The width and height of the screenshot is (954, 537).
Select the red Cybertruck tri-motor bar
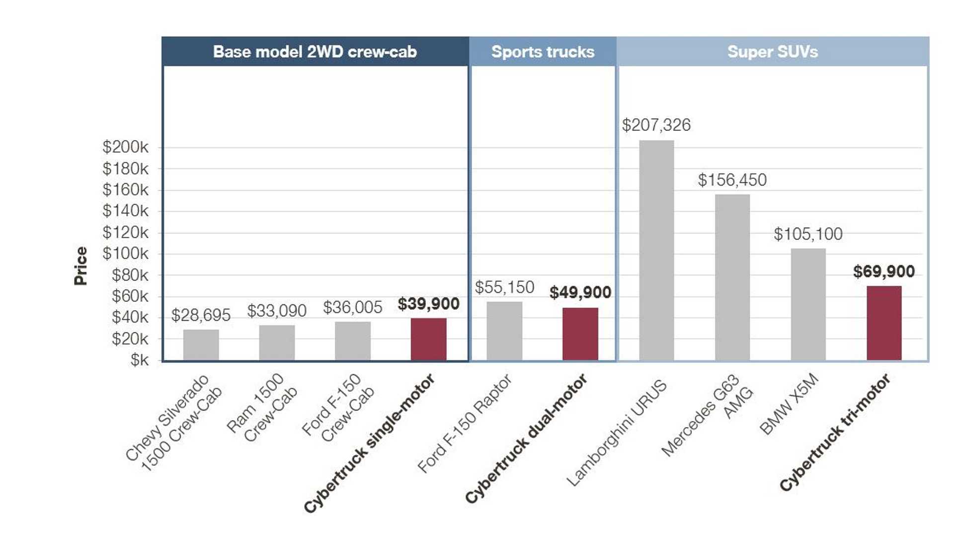point(884,323)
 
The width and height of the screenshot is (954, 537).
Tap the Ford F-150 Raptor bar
point(504,331)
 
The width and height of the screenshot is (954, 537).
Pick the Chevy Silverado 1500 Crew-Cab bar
point(201,345)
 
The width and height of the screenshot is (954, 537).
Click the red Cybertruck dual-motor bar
point(580,334)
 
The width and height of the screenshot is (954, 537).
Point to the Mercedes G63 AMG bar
point(732,277)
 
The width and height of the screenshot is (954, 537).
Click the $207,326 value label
point(656,125)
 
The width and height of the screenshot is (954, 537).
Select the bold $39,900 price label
point(428,304)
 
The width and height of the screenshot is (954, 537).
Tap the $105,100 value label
point(808,234)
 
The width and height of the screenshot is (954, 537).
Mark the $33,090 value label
point(277,311)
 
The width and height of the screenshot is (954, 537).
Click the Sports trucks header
point(543,52)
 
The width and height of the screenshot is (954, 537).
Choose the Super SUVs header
point(773,52)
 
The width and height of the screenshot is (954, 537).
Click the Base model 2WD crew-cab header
point(315,52)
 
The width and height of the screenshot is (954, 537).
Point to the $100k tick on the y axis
point(125,254)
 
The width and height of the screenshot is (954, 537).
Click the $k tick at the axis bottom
point(139,360)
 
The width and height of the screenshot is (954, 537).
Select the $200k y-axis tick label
point(125,147)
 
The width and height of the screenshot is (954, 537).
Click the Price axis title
point(80,266)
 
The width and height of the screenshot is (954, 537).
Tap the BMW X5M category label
point(789,404)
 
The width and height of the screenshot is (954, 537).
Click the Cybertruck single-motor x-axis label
point(370,443)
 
